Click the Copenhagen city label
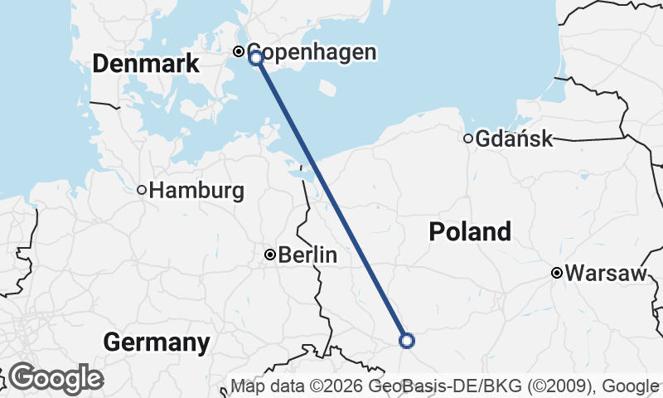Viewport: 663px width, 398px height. [312, 52]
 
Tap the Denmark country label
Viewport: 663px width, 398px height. [146, 64]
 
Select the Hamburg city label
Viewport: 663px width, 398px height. [197, 191]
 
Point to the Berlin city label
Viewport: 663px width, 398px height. [307, 255]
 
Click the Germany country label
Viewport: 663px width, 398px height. [157, 342]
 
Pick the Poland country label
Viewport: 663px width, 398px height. [470, 232]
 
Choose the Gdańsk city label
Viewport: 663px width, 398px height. [514, 138]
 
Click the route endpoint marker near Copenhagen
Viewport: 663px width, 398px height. [256, 57]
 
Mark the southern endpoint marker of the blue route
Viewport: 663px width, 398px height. [407, 340]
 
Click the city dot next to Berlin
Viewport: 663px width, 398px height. [269, 255]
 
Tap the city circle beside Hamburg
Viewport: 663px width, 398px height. [142, 191]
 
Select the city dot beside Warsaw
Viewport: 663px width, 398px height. [558, 273]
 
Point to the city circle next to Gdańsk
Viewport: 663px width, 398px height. [468, 138]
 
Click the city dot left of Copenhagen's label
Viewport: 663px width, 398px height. [239, 51]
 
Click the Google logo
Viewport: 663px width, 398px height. [56, 378]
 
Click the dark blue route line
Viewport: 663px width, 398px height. [331, 199]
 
